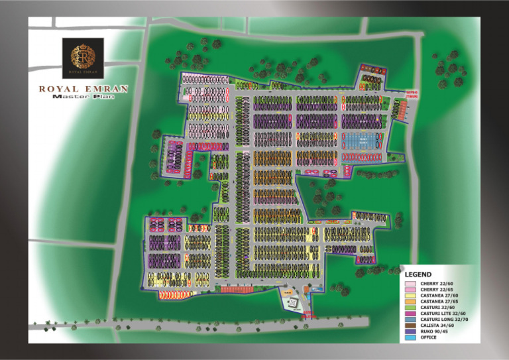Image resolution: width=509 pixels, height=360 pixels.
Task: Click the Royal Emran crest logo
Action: point(83,58)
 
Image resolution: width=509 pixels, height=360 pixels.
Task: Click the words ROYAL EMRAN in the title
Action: point(84,89)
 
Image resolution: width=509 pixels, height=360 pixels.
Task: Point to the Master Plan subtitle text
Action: point(84,97)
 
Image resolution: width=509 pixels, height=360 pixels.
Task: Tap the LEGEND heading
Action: point(418,274)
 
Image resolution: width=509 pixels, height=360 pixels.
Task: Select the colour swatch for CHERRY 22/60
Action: point(411,284)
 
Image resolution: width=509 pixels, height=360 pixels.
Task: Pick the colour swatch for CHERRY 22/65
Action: point(411,290)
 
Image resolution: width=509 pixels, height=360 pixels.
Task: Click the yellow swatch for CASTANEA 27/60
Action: point(411,296)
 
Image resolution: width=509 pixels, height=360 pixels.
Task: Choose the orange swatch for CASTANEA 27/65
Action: point(411,302)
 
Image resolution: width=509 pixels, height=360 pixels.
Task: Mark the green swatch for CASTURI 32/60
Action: point(411,308)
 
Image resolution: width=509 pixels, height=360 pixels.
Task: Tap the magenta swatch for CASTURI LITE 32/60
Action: point(411,314)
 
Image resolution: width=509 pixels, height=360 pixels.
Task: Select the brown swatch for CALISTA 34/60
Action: point(411,326)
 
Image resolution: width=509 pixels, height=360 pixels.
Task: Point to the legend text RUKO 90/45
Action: point(434,331)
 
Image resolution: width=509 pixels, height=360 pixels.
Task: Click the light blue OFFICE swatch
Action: point(411,337)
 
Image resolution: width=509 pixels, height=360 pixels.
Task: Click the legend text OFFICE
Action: point(429,337)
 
